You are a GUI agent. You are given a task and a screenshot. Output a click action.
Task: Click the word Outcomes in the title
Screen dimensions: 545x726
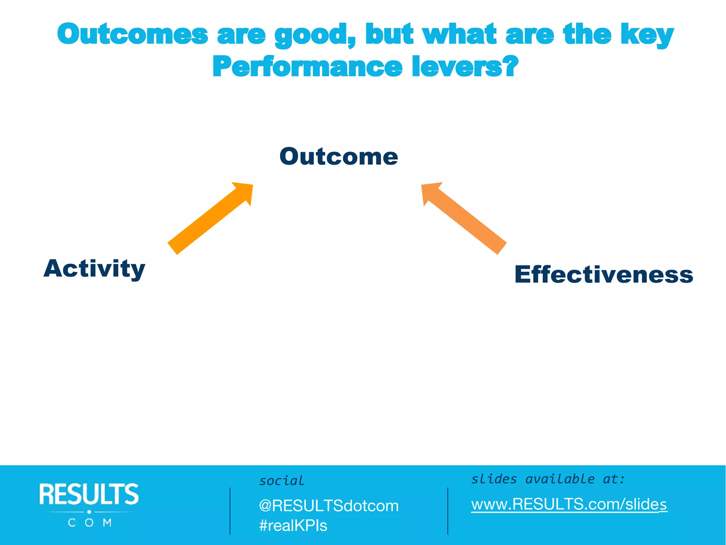coord(132,34)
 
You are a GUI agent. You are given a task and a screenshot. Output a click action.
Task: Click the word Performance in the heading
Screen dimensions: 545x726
coord(307,67)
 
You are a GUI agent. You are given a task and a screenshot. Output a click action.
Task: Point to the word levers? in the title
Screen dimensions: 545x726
coord(465,67)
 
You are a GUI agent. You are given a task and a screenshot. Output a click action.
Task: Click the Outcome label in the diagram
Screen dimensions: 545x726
coord(339,156)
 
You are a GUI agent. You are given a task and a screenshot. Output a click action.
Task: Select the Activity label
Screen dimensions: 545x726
coord(94,269)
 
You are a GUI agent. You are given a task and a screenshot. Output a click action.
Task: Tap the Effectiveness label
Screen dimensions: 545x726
coord(603,275)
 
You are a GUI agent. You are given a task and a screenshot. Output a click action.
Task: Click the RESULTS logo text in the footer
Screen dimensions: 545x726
coord(89,494)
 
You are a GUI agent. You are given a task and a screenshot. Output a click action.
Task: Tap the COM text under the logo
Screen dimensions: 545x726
coord(90,523)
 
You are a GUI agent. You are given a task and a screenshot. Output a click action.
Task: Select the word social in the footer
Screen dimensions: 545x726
coord(281,481)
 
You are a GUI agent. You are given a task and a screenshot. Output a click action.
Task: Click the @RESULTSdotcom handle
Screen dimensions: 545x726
coord(329,506)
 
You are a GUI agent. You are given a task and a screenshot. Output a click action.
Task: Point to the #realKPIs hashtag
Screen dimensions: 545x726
coord(293,525)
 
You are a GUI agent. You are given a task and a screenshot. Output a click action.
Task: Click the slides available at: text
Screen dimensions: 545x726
coord(548,479)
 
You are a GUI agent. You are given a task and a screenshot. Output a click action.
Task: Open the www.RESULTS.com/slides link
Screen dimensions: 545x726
coord(569,504)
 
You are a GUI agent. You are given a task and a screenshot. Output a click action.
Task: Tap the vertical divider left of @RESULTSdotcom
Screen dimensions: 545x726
coord(230,511)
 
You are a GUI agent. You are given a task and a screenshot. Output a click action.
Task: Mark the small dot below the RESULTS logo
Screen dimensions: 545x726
coord(89,512)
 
